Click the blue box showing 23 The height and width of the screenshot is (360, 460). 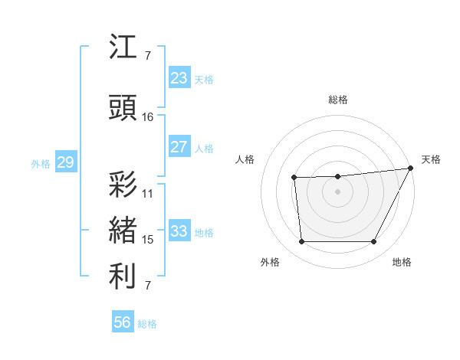pos(179,78)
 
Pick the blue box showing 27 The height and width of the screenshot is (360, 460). pos(179,147)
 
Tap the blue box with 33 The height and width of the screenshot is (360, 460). pos(179,231)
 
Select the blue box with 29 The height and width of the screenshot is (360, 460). pos(65,162)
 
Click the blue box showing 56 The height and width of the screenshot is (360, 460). pos(123,323)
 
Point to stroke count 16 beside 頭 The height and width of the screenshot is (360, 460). pos(148,117)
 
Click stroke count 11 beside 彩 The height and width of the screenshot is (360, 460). pos(148,194)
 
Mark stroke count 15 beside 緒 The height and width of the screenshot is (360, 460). pos(148,240)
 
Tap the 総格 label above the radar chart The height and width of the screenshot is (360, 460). pos(338,100)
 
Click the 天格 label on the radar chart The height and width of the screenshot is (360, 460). pos(431,159)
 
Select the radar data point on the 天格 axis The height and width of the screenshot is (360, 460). pos(411,169)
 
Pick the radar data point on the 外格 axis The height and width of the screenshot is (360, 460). pos(301,242)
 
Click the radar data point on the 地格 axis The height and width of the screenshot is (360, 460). pos(374,242)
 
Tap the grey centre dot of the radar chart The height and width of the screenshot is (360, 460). pos(337,191)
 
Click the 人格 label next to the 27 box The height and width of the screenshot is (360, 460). pos(204,148)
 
